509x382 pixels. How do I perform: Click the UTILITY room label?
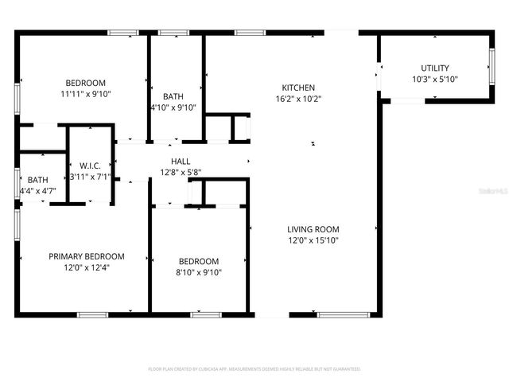(x=435, y=68)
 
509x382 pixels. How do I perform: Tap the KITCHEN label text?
(x=298, y=88)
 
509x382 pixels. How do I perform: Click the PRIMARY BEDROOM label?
(x=87, y=256)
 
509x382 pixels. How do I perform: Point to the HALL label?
(x=181, y=161)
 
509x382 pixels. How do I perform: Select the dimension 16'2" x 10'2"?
(x=298, y=99)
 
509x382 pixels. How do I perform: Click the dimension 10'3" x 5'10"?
(x=435, y=80)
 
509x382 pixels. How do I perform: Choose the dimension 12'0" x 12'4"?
(x=87, y=267)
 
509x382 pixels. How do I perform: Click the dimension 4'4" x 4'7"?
(x=37, y=191)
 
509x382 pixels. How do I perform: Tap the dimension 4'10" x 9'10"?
(x=173, y=107)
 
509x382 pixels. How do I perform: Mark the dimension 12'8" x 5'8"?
(x=181, y=172)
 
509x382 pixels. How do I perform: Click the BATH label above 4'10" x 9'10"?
(x=173, y=96)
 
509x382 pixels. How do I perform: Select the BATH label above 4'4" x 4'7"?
(x=37, y=180)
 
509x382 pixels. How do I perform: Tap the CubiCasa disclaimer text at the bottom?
(x=254, y=369)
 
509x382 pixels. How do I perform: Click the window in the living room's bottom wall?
(x=343, y=314)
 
